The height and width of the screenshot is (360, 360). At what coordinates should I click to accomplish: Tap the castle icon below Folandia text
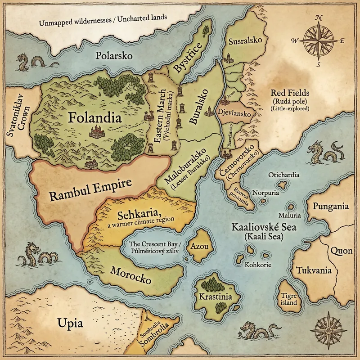(x=97, y=132)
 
